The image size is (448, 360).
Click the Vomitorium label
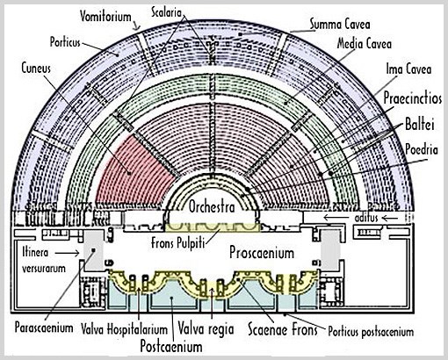pyautogui.click(x=105, y=16)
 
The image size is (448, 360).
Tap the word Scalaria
pyautogui.click(x=167, y=12)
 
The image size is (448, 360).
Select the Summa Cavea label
pyautogui.click(x=340, y=25)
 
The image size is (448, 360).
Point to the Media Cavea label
pyautogui.click(x=365, y=44)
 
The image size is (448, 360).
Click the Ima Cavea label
pyautogui.click(x=408, y=69)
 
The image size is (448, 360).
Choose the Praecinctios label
pyautogui.click(x=413, y=97)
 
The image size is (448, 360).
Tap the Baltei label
pyautogui.click(x=419, y=124)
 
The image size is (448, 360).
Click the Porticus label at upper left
pyautogui.click(x=65, y=42)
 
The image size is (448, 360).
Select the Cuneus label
pyautogui.click(x=36, y=68)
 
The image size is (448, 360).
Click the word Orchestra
pyautogui.click(x=212, y=207)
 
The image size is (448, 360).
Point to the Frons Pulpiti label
pyautogui.click(x=177, y=243)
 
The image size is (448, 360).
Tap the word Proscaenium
pyautogui.click(x=262, y=252)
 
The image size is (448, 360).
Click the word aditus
pyautogui.click(x=366, y=218)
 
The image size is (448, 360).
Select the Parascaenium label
pyautogui.click(x=44, y=328)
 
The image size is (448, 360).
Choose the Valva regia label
pyautogui.click(x=206, y=328)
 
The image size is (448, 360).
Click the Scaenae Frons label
pyautogui.click(x=283, y=329)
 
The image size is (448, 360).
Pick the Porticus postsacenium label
pyautogui.click(x=371, y=332)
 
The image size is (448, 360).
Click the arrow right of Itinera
pyautogui.click(x=67, y=253)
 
